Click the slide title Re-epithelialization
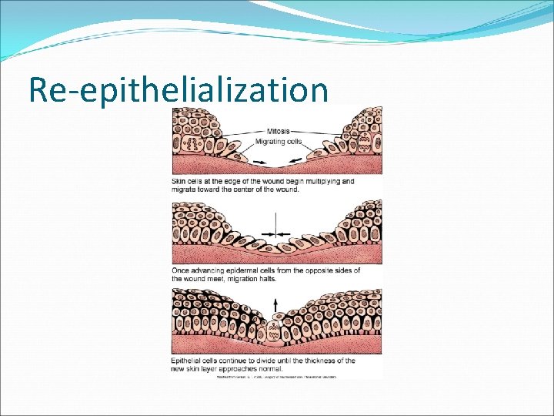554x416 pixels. point(178,89)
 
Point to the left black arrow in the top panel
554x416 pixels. point(257,161)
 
